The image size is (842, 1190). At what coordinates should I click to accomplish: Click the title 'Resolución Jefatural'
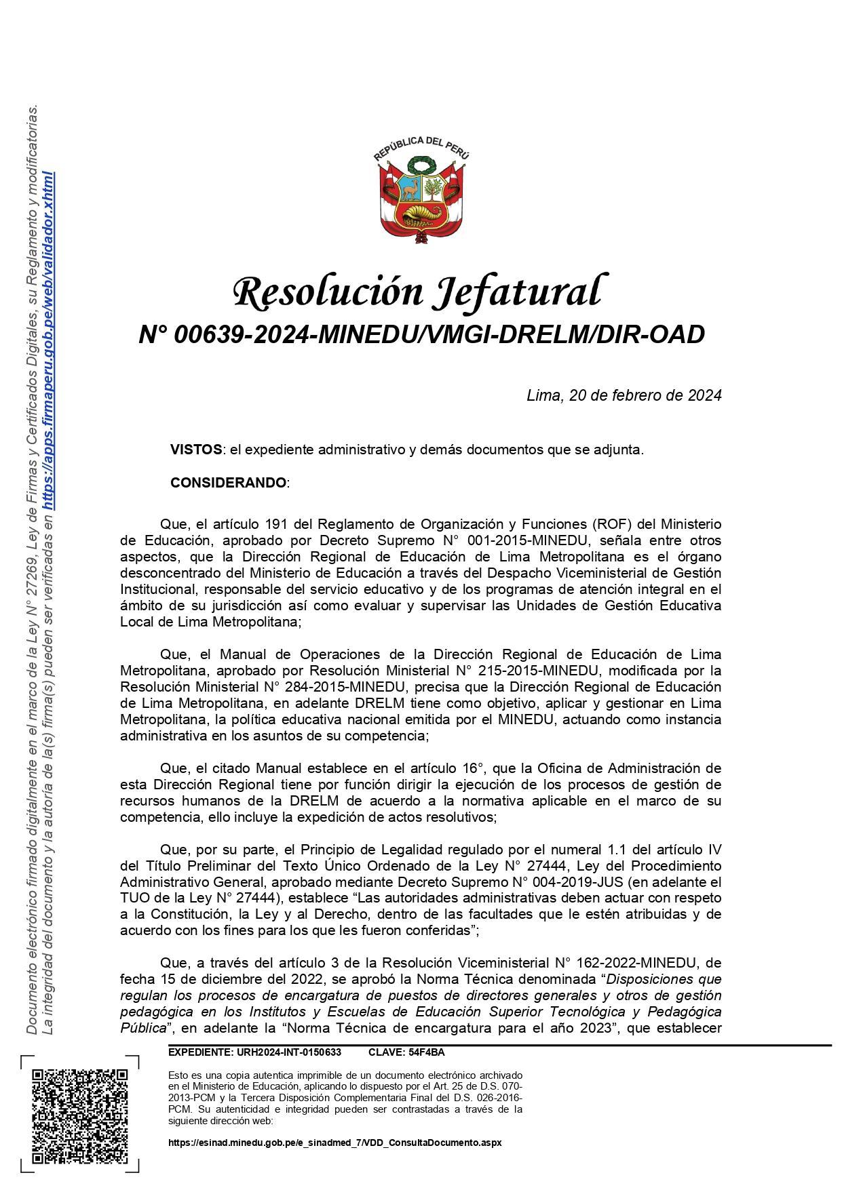pyautogui.click(x=417, y=292)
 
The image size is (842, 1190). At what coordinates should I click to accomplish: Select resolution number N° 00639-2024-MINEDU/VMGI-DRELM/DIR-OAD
pyautogui.click(x=421, y=334)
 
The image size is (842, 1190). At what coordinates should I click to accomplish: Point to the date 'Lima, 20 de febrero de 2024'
pyautogui.click(x=624, y=395)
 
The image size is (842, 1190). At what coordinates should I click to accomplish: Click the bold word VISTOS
pyautogui.click(x=196, y=450)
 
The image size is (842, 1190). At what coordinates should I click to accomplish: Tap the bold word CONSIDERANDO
pyautogui.click(x=229, y=483)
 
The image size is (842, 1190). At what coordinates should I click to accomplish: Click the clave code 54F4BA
pyautogui.click(x=426, y=1052)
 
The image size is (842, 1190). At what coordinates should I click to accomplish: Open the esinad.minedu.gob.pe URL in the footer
pyautogui.click(x=334, y=1143)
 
